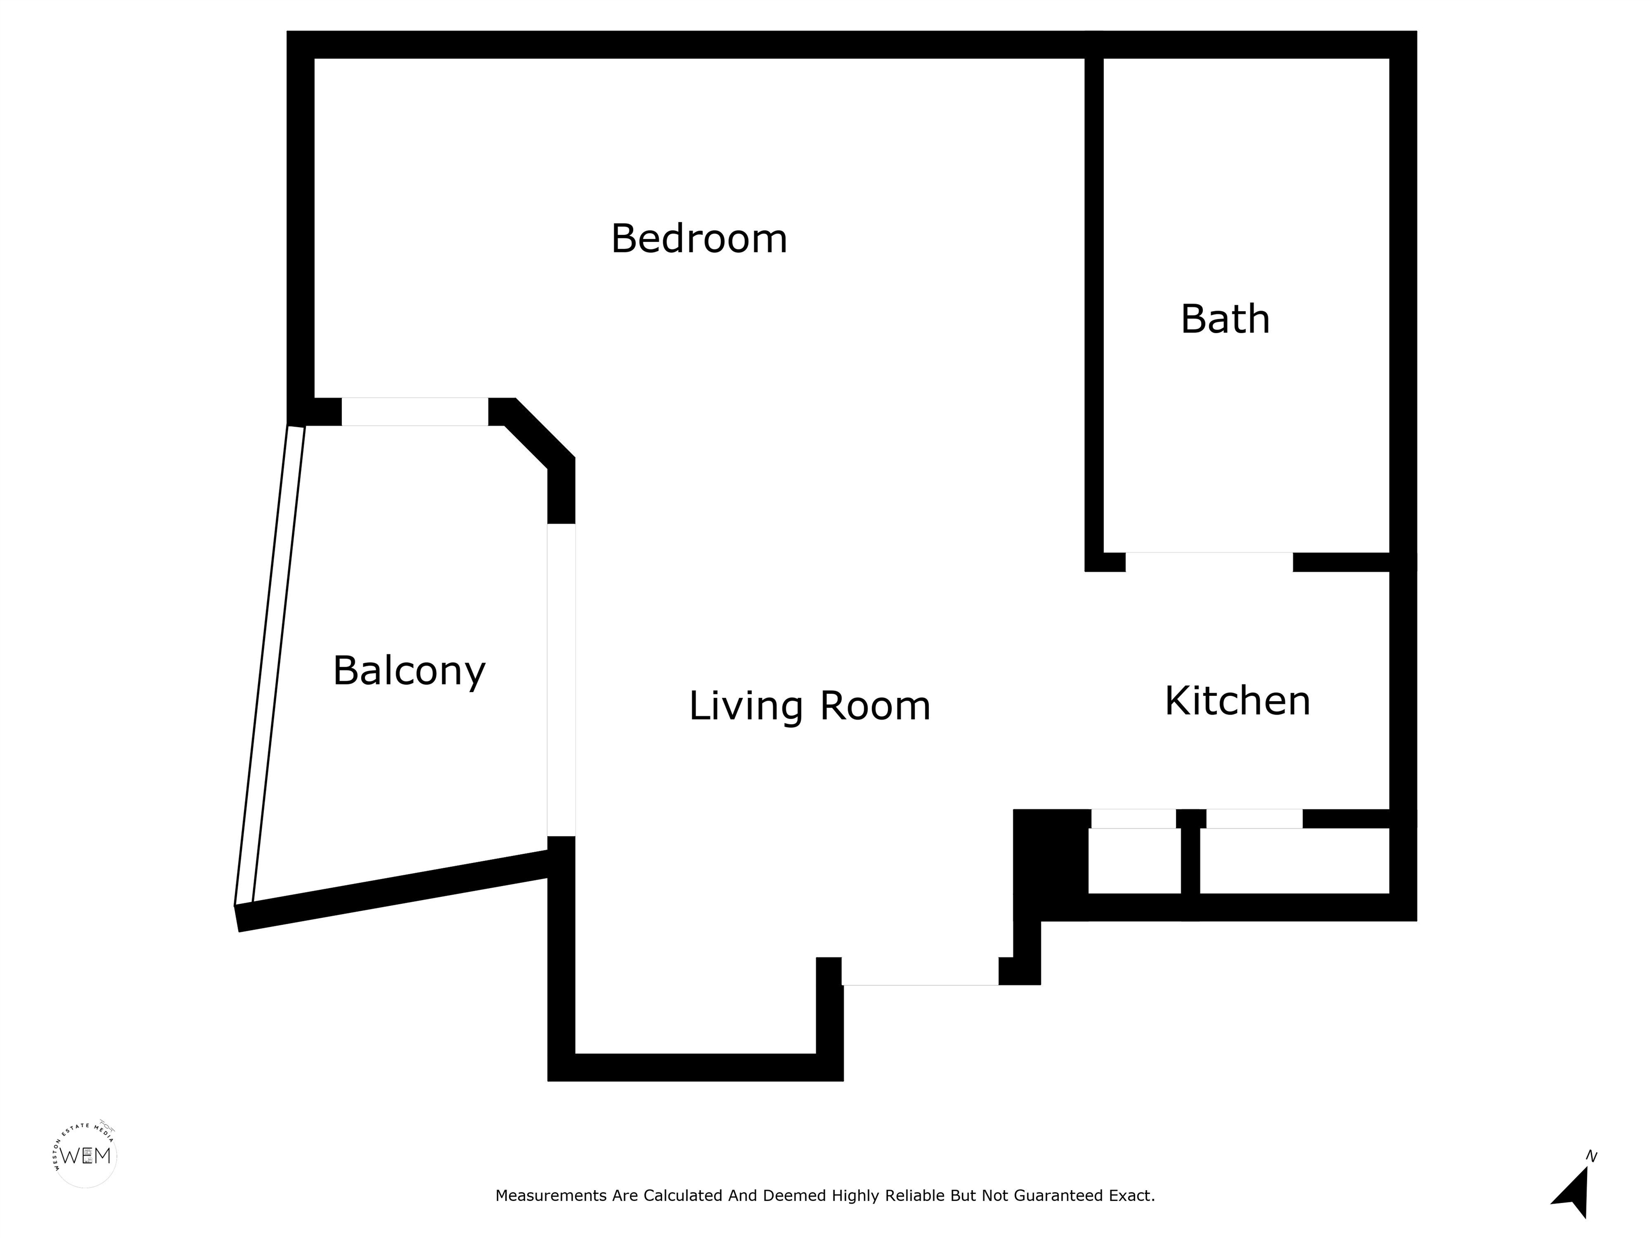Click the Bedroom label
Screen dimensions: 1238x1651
699,239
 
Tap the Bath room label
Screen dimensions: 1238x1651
1225,319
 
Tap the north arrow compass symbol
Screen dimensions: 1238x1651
1573,1198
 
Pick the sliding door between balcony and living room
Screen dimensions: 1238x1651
561,680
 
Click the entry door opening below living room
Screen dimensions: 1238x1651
920,971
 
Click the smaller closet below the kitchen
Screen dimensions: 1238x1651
1135,860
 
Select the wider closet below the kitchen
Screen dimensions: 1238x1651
1294,860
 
